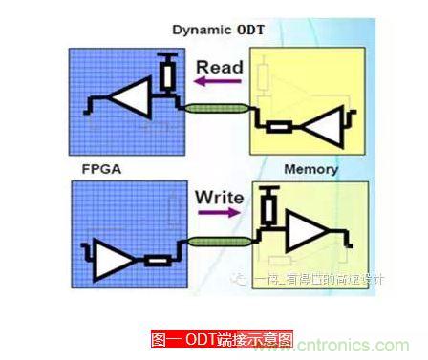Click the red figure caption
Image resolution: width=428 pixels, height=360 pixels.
(222, 339)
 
